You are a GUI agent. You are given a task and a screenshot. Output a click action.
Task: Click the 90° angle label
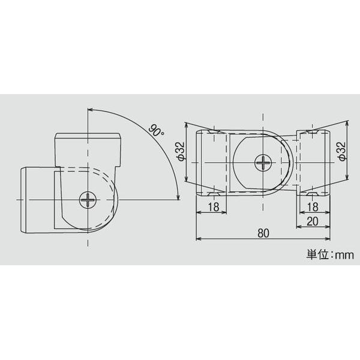click(x=156, y=131)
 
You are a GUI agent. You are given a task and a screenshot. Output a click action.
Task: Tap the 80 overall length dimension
click(x=263, y=233)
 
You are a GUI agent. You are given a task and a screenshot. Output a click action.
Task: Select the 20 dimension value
click(x=313, y=221)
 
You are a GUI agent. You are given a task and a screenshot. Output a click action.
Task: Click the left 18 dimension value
click(x=214, y=207)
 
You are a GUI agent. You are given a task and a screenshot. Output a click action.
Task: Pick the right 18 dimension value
click(x=313, y=207)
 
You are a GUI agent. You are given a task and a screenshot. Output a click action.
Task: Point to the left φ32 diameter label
click(x=181, y=152)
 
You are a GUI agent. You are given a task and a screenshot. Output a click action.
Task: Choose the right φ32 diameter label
click(x=342, y=152)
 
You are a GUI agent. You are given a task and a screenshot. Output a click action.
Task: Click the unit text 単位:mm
click(x=330, y=255)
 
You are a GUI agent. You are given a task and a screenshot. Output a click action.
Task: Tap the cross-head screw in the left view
click(x=88, y=200)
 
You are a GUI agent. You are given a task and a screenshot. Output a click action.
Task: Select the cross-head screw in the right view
click(x=263, y=163)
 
